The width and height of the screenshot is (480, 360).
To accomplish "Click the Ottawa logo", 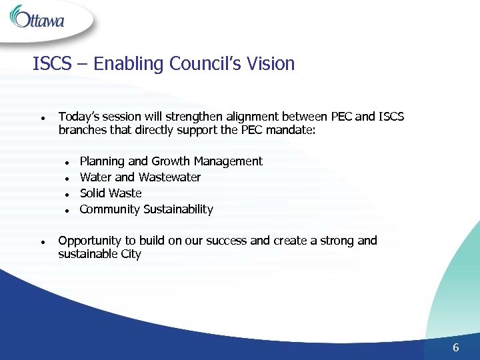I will (38, 18).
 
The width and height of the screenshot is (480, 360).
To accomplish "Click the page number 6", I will (456, 347).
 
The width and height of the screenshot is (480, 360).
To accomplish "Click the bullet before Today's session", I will (42, 118).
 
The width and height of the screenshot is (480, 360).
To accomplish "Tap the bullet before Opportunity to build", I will (42, 241).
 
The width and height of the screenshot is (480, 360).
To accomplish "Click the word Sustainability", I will (178, 209).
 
